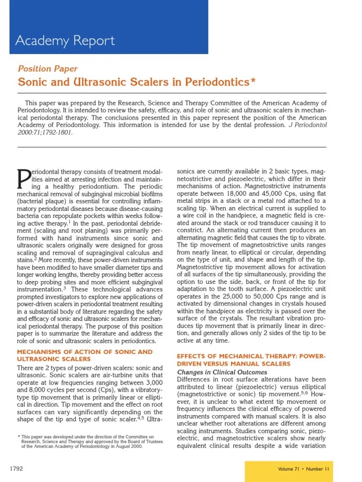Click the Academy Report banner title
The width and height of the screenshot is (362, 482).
(65, 40)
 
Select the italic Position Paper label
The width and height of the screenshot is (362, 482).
(48, 69)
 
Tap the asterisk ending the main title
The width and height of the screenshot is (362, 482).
(253, 81)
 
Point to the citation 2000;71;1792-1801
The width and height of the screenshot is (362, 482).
(45, 132)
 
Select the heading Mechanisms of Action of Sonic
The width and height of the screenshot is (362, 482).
(85, 352)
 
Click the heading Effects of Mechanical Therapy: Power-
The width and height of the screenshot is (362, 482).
(251, 356)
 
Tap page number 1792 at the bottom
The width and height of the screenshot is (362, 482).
(16, 469)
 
